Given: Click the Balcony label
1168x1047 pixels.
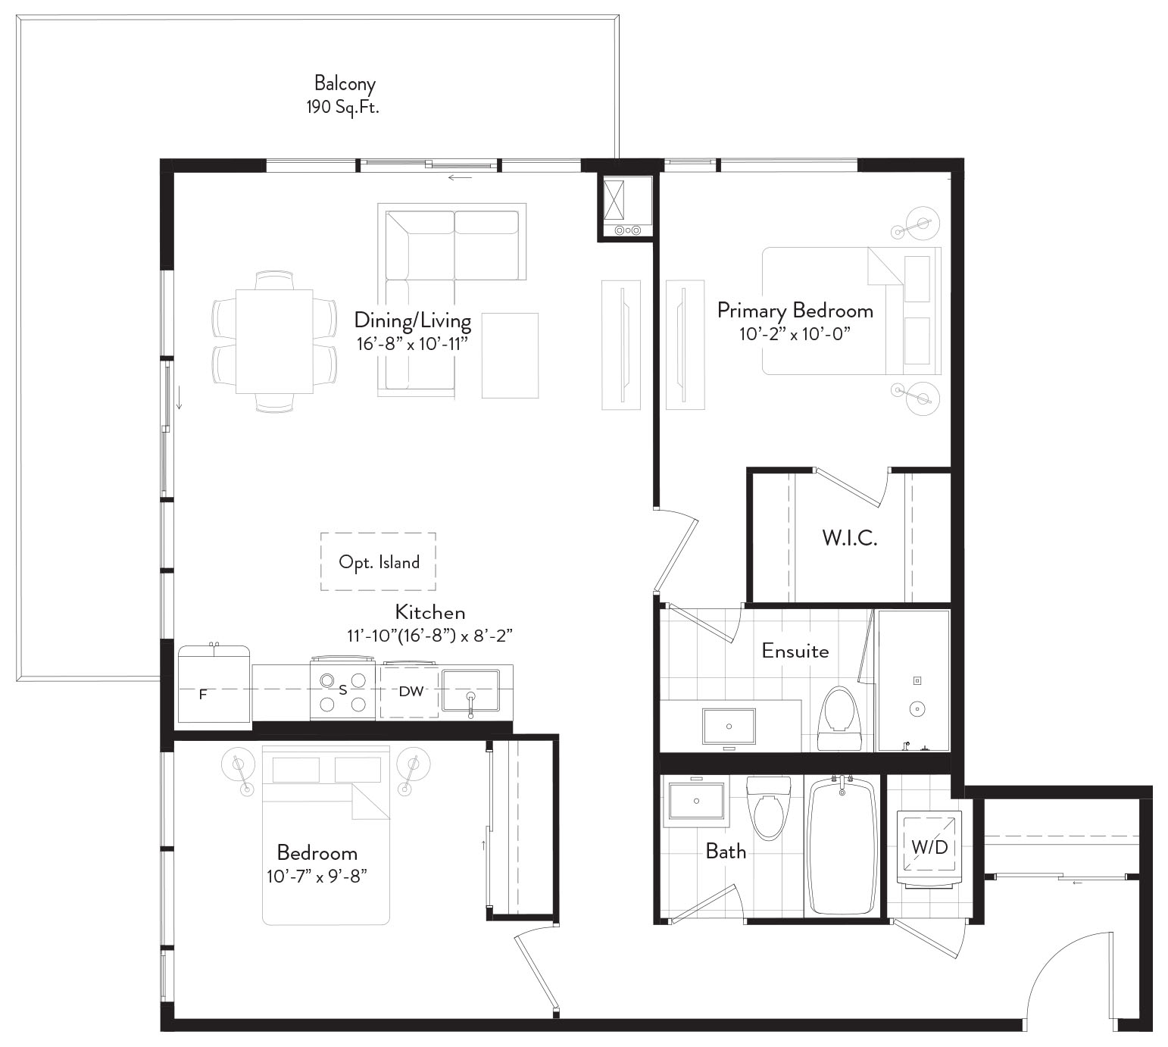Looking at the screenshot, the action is coord(345,84).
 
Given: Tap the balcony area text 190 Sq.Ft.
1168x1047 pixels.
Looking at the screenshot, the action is coord(342,108).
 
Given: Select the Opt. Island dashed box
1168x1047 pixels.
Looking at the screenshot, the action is coord(378,561).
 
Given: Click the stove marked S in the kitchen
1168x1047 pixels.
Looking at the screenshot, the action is coord(343,689).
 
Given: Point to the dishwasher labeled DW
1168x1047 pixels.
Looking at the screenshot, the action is coord(410,691).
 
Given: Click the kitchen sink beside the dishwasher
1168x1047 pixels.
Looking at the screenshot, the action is coord(470,691).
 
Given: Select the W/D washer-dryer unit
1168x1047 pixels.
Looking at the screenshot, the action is coord(929,848).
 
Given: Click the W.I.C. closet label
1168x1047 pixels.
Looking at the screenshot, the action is coord(850,538).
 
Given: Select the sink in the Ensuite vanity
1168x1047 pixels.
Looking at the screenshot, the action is coord(729,726).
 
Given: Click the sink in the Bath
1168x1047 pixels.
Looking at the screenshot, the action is coord(696,801).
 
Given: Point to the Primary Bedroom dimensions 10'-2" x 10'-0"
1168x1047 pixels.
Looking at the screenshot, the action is coord(795,334).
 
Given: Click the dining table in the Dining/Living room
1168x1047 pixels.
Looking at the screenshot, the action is coord(274,342).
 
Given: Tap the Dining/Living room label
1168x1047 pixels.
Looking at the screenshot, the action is coord(413,320).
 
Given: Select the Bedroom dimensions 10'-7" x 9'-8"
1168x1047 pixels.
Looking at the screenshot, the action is coord(317,877).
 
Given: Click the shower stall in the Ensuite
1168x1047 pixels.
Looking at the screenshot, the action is coord(913,680).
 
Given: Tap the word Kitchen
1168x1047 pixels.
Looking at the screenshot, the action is coord(430,612).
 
